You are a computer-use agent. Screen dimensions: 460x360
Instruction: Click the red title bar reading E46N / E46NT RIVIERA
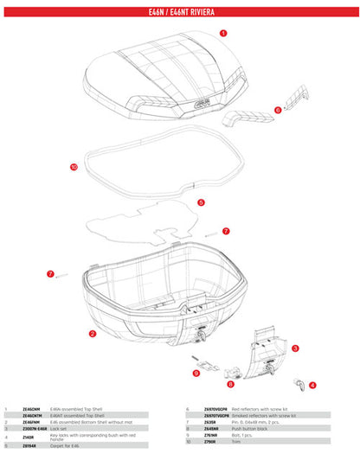pos(180,13)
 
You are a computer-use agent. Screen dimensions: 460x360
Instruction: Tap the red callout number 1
pos(223,31)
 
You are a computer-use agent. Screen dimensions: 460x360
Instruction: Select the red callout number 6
pos(278,110)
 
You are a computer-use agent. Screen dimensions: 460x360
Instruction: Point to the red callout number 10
pos(74,165)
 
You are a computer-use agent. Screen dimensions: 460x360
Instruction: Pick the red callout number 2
pos(92,333)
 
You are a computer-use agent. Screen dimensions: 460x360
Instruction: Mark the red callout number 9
pos(196,374)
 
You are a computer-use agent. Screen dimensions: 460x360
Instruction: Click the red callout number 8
pos(230,383)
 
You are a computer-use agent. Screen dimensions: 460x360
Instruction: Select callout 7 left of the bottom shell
pos(50,273)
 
